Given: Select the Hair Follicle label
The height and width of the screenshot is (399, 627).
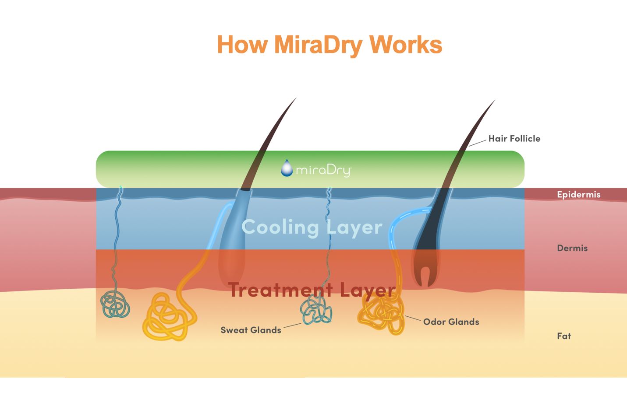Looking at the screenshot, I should click(x=514, y=139).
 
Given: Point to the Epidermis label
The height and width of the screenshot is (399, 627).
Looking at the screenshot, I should click(x=578, y=194).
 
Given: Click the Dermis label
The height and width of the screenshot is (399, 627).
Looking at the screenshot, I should click(x=572, y=248).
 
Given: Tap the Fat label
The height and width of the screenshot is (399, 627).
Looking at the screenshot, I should click(x=564, y=336).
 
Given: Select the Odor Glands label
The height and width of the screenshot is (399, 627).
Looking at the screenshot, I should click(x=451, y=322).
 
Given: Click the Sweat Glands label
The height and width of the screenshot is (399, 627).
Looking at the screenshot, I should click(x=251, y=330).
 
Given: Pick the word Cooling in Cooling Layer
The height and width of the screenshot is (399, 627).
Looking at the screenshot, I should click(x=280, y=227).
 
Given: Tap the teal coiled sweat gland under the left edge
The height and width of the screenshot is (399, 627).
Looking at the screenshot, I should click(x=115, y=304).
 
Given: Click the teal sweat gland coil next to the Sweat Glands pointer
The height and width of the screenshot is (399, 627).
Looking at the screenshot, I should click(x=315, y=310).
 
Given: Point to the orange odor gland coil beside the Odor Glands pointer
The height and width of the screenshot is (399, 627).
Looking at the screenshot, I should click(x=381, y=314).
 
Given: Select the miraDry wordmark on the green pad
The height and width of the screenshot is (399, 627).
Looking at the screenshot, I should click(x=323, y=170).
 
